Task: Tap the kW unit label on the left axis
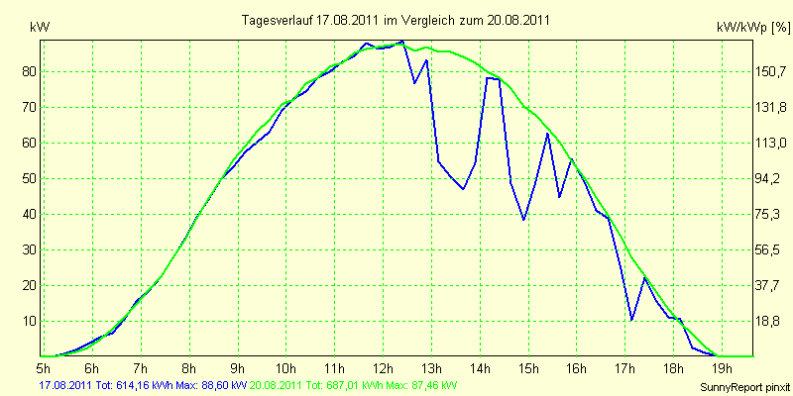pos(40,29)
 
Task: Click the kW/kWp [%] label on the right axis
pos(753,28)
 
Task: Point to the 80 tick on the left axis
pos(26,71)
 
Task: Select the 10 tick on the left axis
pos(26,321)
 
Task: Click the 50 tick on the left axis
pos(26,179)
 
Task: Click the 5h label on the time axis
pos(43,366)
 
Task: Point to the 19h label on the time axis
pos(722,366)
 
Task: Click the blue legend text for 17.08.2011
pos(143,385)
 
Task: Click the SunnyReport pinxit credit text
pos(744,388)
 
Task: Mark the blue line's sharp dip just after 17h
pos(631,320)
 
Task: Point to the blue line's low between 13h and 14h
pos(463,189)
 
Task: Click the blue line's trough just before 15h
pos(523,220)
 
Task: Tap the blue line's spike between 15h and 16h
pos(547,134)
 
